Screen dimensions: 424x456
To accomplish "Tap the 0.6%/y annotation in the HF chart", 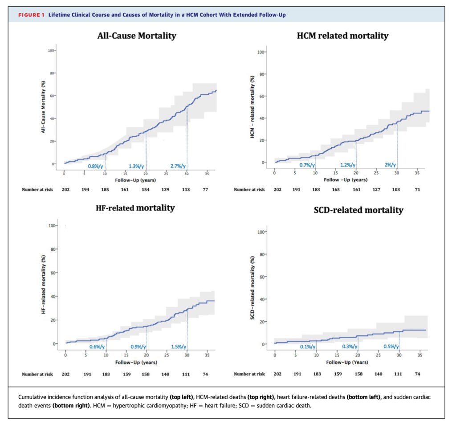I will coord(97,346).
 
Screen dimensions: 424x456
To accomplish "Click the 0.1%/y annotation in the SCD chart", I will coord(306,347).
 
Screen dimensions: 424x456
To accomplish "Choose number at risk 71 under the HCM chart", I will coord(417,189).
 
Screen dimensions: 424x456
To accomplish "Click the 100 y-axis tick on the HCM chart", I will coord(261,53).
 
